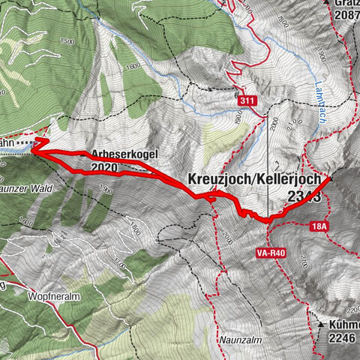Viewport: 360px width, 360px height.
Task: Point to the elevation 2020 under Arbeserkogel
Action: tap(103, 168)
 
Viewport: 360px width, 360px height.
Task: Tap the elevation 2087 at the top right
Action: tap(345, 16)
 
